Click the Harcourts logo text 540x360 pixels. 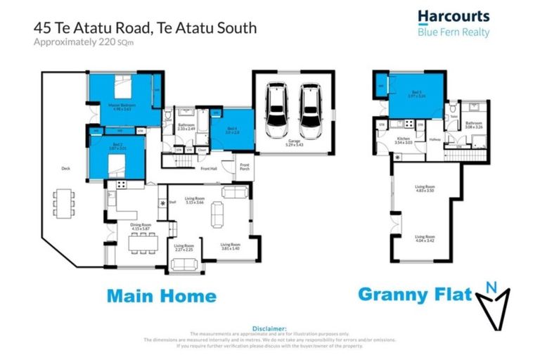[454, 17]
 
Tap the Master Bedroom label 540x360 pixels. [122, 105]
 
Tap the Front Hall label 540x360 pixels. [209, 169]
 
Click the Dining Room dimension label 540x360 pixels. [141, 228]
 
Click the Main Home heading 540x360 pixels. [161, 295]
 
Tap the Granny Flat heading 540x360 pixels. [414, 294]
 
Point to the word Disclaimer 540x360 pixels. [269, 328]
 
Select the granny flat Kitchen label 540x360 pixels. [403, 141]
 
